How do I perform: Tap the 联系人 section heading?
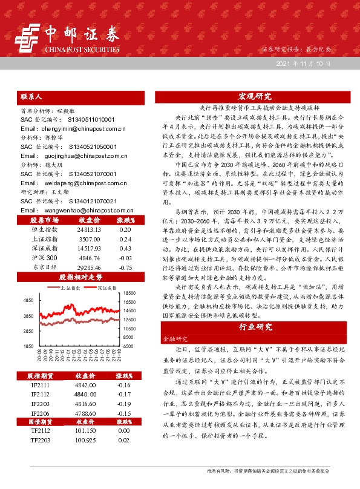click(31, 97)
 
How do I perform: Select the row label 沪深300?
click(42, 258)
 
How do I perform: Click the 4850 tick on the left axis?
click(28, 300)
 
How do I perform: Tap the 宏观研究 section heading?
click(255, 96)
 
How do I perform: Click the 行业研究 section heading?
click(255, 327)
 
